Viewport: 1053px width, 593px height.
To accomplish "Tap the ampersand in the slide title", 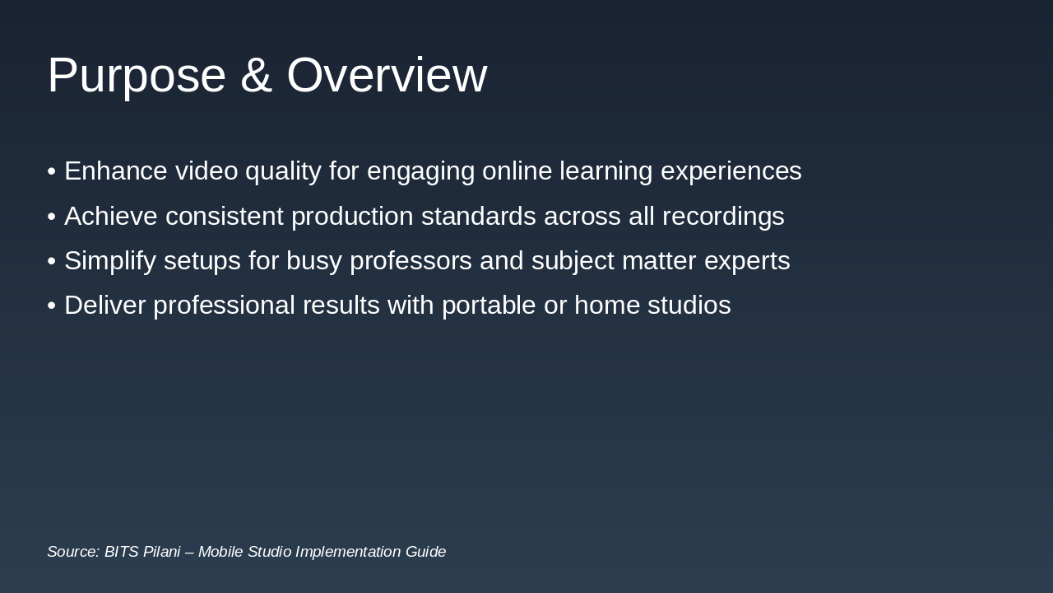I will click(x=256, y=76).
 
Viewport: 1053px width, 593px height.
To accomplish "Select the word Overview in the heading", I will click(x=387, y=76).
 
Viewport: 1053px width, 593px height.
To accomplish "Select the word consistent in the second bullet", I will click(x=224, y=217).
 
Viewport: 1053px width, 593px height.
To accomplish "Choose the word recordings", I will click(x=723, y=217).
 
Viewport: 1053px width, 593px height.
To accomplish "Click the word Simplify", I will click(x=110, y=261).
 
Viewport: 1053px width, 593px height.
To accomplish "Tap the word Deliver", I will click(x=104, y=306).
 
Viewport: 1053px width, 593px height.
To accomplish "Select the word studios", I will click(x=689, y=306).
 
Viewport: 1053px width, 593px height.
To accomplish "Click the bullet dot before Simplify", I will click(x=52, y=261).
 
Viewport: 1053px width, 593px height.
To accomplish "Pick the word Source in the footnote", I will click(x=72, y=552).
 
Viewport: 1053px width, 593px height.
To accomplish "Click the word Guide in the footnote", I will click(x=425, y=552).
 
